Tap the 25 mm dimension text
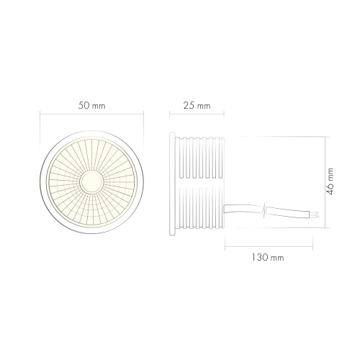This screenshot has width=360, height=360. tap(197, 106)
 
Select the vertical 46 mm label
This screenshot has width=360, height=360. tap(330, 181)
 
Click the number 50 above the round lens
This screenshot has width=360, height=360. tap(84, 106)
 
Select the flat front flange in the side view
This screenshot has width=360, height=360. tap(174, 182)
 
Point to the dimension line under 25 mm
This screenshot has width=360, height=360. tap(197, 115)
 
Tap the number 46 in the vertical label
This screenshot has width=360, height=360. tap(330, 191)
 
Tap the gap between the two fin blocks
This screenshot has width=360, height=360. tap(201, 183)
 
